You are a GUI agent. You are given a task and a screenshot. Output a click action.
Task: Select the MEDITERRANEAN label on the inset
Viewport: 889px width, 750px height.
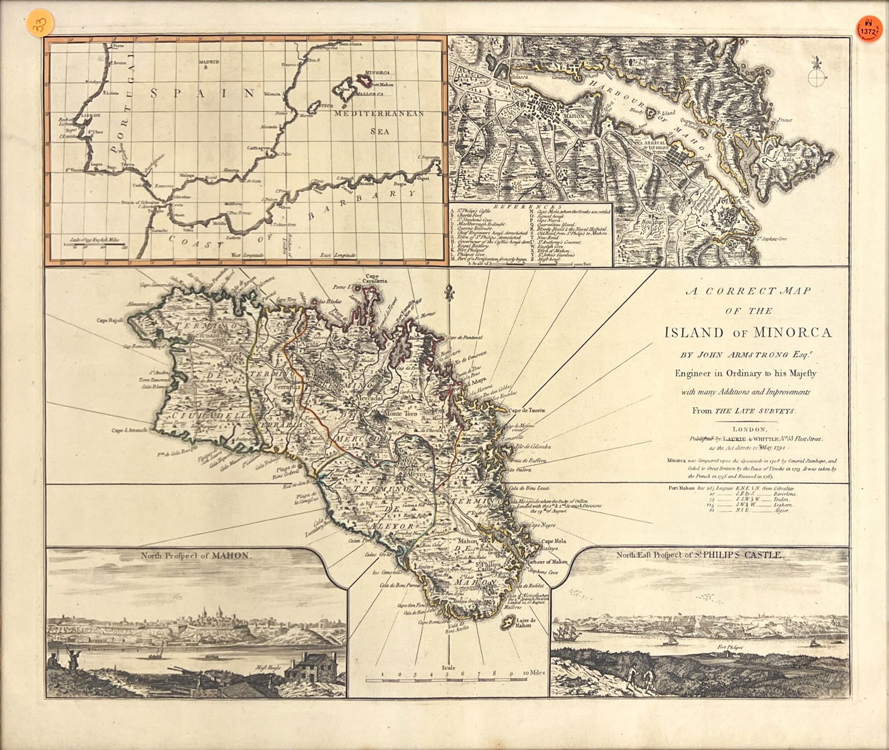coord(379,113)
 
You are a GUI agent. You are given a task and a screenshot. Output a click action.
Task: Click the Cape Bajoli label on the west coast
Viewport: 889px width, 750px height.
coord(111,320)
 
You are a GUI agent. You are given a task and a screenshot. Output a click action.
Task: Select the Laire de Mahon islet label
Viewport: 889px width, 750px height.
coord(522,622)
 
